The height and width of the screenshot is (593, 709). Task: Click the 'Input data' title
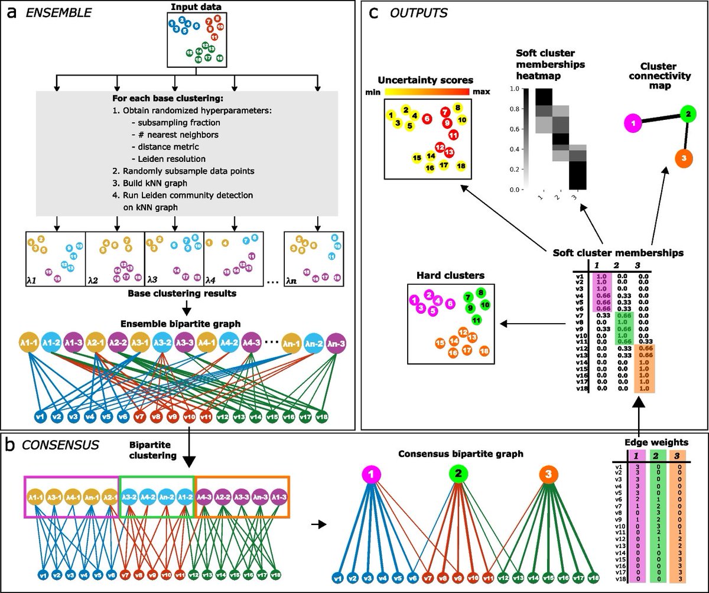(196, 7)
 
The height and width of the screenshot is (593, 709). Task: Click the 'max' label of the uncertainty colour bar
(481, 92)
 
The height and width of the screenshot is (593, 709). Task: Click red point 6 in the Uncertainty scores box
(427, 119)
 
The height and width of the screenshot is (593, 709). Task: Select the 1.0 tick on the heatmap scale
(512, 89)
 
